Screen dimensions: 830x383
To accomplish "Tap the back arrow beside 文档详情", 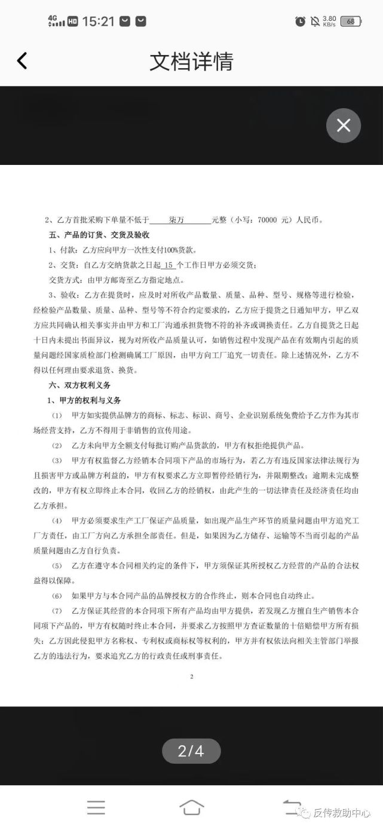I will click(x=22, y=60).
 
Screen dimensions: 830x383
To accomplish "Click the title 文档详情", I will click(x=191, y=61).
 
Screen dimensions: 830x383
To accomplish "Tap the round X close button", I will click(x=344, y=125).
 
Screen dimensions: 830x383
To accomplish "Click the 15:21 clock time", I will click(x=98, y=22).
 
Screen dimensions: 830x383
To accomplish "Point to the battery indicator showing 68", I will click(x=350, y=22).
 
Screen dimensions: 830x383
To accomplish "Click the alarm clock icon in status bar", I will click(x=300, y=22).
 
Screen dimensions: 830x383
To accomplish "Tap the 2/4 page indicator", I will click(x=191, y=751).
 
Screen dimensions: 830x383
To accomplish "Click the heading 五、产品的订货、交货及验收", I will click(x=99, y=235).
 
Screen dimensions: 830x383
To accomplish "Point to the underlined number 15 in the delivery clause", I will click(x=168, y=265).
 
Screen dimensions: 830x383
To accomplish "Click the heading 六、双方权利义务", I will click(x=79, y=385).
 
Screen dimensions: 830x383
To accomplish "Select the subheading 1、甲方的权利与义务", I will click(x=84, y=400).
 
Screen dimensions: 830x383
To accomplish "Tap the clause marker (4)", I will click(x=57, y=520).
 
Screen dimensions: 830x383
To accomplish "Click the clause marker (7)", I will click(x=57, y=611).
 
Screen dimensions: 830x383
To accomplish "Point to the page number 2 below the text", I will click(x=191, y=677).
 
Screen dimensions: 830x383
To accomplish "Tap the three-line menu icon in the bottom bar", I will click(x=96, y=807).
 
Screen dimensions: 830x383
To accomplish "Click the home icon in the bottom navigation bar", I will click(x=191, y=807).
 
